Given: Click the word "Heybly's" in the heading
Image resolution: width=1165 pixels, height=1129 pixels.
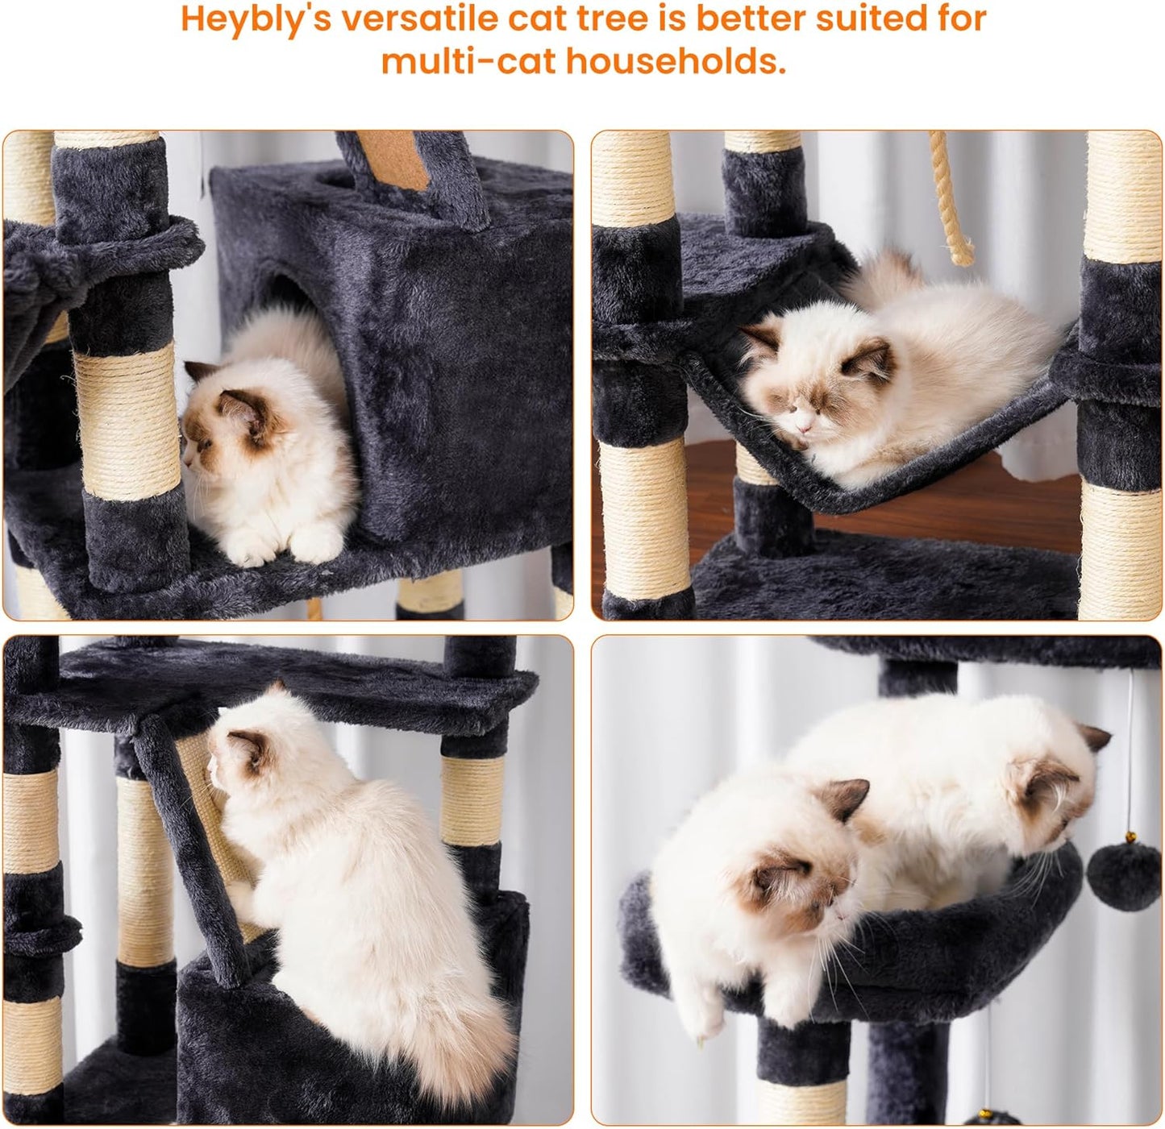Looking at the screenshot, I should pyautogui.click(x=254, y=19).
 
